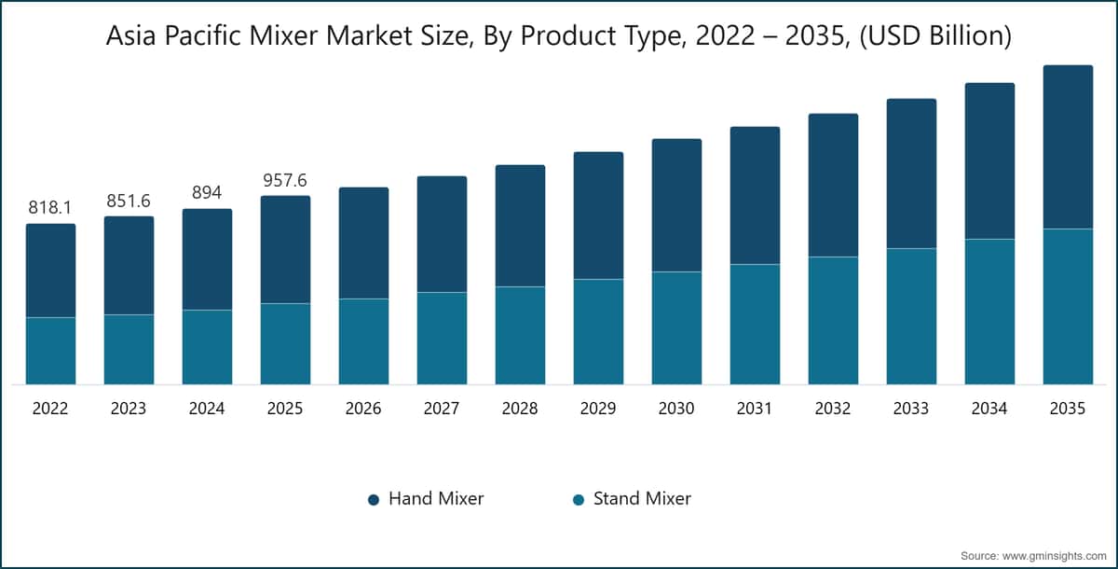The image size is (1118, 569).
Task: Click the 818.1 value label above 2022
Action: click(x=50, y=208)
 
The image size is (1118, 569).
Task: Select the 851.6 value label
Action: click(x=129, y=201)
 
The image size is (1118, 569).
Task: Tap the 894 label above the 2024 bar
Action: click(x=207, y=193)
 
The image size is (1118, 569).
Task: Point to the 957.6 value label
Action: click(x=285, y=180)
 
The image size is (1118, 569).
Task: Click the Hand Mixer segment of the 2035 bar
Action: click(x=1068, y=146)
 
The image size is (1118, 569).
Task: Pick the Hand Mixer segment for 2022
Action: click(x=50, y=271)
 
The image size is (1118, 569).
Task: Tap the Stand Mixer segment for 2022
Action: click(x=50, y=351)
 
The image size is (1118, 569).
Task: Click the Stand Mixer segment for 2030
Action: click(x=676, y=327)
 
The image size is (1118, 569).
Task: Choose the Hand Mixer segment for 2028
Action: click(x=520, y=226)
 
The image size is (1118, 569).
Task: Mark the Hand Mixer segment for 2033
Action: click(x=911, y=173)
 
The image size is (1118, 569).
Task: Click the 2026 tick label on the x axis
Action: click(x=363, y=409)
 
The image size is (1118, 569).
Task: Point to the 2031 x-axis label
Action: click(x=755, y=409)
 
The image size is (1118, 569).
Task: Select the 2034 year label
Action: click(x=989, y=409)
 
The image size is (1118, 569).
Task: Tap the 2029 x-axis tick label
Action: click(x=598, y=409)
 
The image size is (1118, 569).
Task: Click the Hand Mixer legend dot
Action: click(x=374, y=500)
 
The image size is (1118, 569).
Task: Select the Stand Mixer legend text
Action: click(x=642, y=499)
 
